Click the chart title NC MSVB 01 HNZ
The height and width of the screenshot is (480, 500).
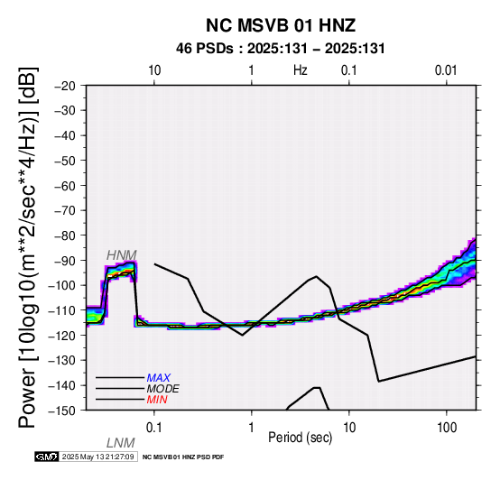pyautogui.click(x=281, y=25)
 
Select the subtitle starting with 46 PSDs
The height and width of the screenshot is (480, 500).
pyautogui.click(x=281, y=49)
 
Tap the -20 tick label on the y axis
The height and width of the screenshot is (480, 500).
pyautogui.click(x=65, y=86)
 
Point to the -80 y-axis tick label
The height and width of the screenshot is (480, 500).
pyautogui.click(x=65, y=235)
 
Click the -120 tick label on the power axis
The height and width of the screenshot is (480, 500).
pyautogui.click(x=61, y=335)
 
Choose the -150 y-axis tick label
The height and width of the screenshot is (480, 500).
pyautogui.click(x=61, y=411)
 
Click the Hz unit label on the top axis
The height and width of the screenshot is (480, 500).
pyautogui.click(x=301, y=70)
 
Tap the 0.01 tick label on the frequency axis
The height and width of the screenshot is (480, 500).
pyautogui.click(x=446, y=70)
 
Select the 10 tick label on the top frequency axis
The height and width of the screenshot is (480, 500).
pyautogui.click(x=154, y=70)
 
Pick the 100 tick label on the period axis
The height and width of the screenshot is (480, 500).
pyautogui.click(x=447, y=428)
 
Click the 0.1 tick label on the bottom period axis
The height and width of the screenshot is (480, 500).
pyautogui.click(x=153, y=428)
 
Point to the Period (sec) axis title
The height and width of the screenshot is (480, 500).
pyautogui.click(x=300, y=438)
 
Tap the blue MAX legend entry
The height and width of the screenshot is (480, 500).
pyautogui.click(x=158, y=378)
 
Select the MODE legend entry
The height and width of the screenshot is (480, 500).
pyautogui.click(x=162, y=389)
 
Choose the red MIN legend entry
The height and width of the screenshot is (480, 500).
pyautogui.click(x=157, y=400)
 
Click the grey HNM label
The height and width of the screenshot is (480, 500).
pyautogui.click(x=122, y=255)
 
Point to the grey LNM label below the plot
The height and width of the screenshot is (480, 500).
pyautogui.click(x=121, y=443)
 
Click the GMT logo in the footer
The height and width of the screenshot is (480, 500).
pyautogui.click(x=47, y=457)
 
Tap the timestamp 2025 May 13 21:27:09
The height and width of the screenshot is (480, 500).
pyautogui.click(x=97, y=457)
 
